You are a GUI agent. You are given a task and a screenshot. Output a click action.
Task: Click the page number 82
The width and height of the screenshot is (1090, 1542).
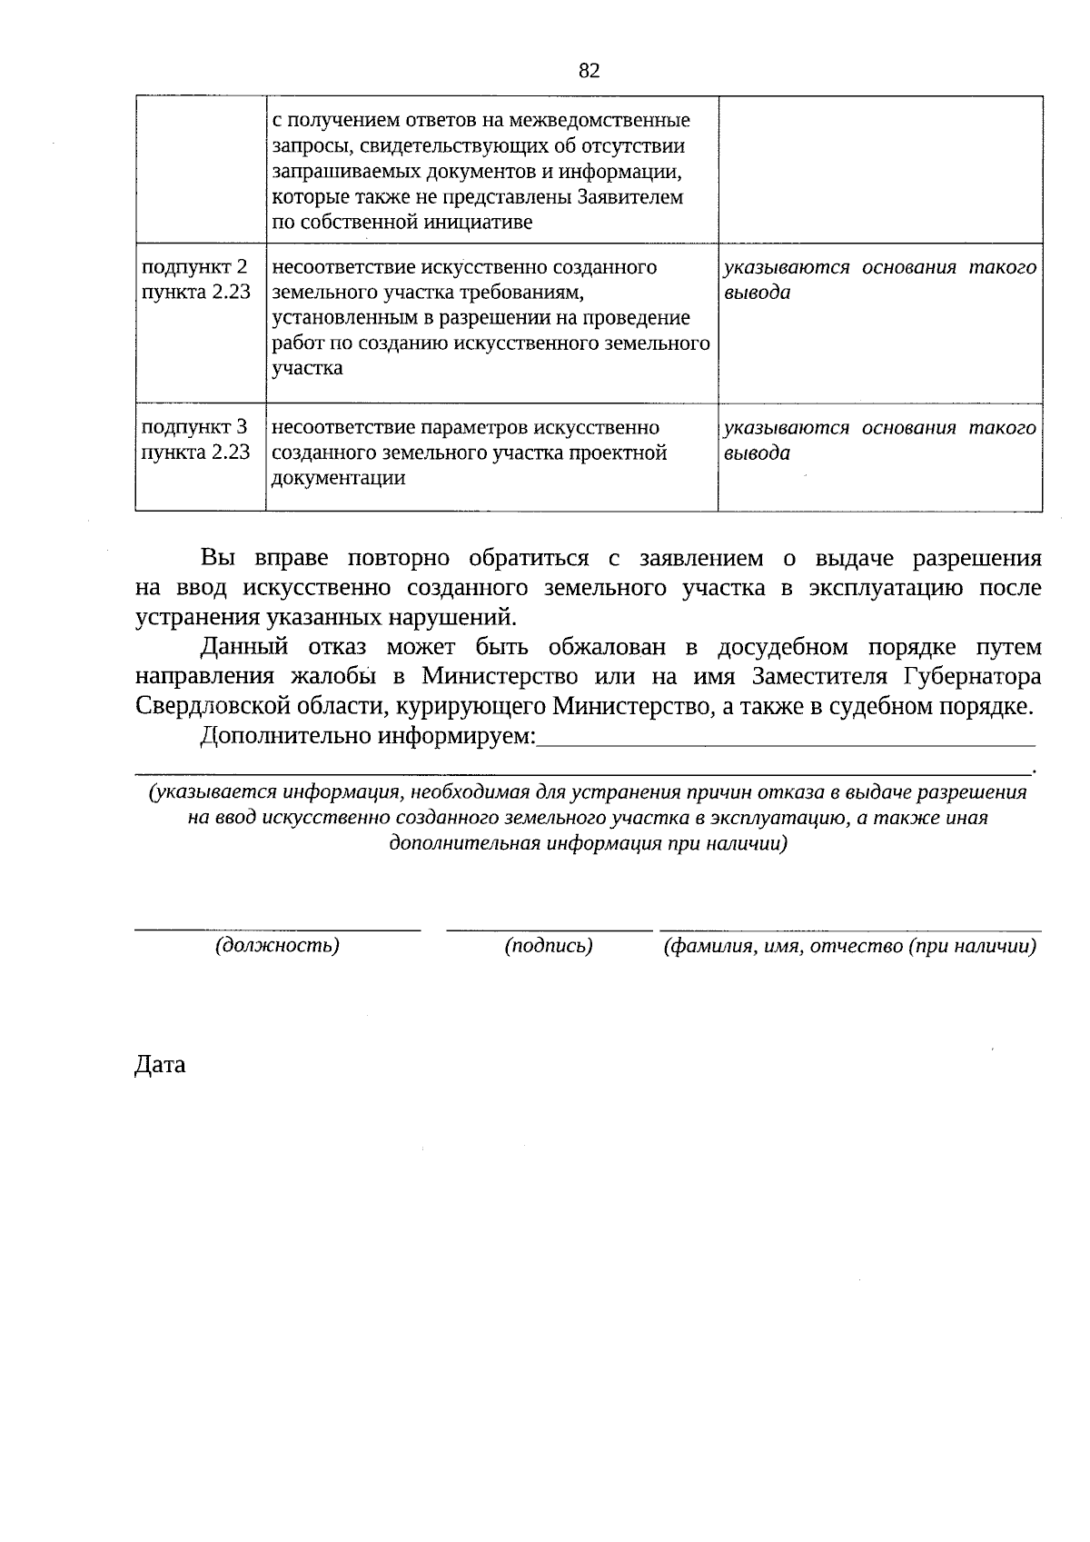589,71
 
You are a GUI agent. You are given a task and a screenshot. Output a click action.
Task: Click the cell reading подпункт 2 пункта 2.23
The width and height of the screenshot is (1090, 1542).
196,280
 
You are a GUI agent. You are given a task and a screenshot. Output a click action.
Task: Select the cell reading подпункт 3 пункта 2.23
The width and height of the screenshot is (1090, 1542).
196,440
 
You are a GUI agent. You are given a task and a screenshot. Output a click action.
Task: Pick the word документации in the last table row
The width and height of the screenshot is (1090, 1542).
339,478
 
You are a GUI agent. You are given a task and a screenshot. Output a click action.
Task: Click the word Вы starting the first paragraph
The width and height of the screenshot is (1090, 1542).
218,558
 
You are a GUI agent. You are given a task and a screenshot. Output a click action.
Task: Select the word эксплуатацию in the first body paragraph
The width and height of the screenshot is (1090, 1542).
885,588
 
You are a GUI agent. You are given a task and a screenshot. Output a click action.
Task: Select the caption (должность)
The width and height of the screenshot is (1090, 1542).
277,946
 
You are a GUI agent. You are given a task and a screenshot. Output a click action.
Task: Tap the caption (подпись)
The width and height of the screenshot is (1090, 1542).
549,946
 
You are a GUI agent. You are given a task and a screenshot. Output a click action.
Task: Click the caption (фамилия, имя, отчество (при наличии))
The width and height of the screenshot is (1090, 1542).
850,946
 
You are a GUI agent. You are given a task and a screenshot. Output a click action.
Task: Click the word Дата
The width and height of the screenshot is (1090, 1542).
160,1065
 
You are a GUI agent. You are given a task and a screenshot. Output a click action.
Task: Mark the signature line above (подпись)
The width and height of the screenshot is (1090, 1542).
549,929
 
